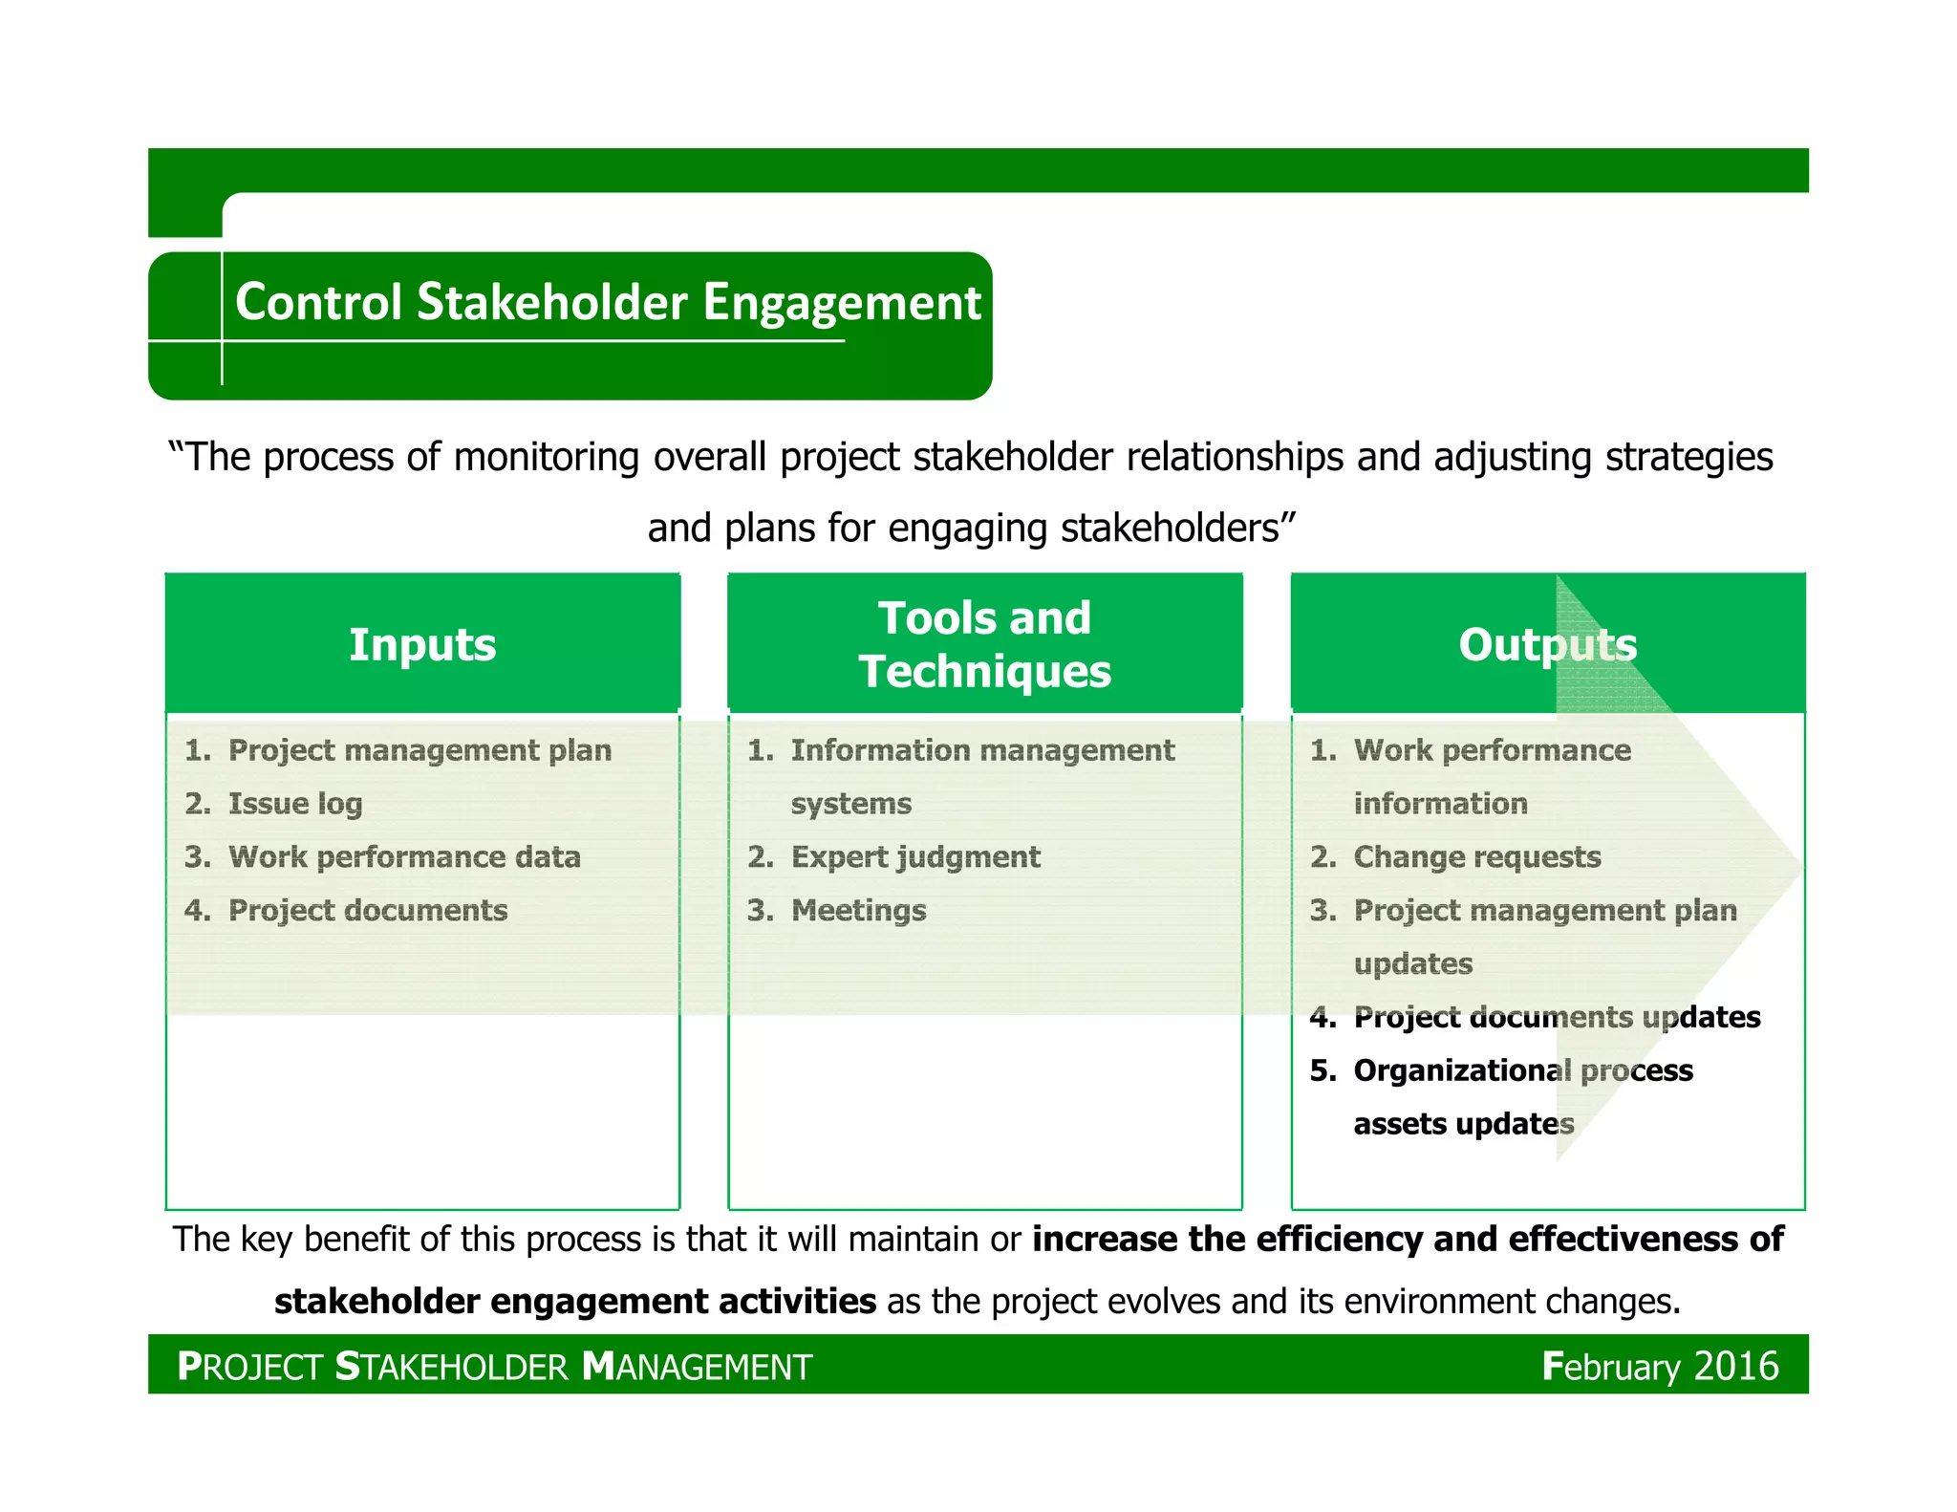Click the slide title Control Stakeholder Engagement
[608, 303]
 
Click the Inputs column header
[422, 644]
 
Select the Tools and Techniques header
[984, 644]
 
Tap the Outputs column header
[1547, 644]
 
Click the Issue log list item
[295, 804]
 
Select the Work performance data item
[404, 857]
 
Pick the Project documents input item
[368, 911]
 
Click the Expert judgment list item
[915, 857]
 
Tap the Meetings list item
[858, 911]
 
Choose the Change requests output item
[1476, 857]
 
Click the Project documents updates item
[1557, 1017]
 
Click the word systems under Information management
[850, 804]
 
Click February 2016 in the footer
[1660, 1366]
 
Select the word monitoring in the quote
[546, 457]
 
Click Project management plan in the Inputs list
[419, 750]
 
